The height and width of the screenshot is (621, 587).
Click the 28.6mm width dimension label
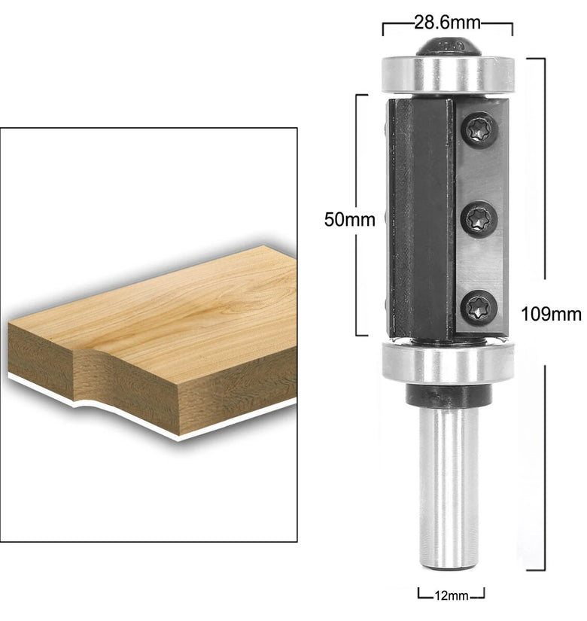pyautogui.click(x=447, y=23)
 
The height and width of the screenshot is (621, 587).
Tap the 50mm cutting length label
pyautogui.click(x=349, y=219)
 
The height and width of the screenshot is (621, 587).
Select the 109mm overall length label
pyautogui.click(x=551, y=314)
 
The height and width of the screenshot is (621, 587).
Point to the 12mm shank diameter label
pyautogui.click(x=451, y=595)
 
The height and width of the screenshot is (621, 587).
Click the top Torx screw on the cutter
pyautogui.click(x=479, y=130)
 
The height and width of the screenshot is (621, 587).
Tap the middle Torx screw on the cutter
pyautogui.click(x=479, y=219)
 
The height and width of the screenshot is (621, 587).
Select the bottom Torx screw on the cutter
pyautogui.click(x=479, y=308)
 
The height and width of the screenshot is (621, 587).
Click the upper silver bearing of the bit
pyautogui.click(x=448, y=75)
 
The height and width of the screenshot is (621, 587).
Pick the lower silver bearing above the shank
pyautogui.click(x=448, y=362)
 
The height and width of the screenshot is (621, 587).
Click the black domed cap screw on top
pyautogui.click(x=449, y=47)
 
